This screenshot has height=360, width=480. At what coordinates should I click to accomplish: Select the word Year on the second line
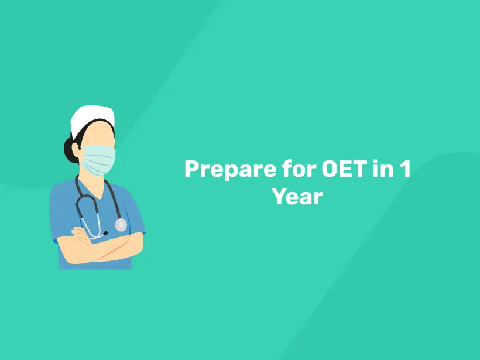297,196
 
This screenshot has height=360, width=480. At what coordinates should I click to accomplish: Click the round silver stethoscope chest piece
121,225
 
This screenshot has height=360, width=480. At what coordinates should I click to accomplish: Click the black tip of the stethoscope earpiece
105,234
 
